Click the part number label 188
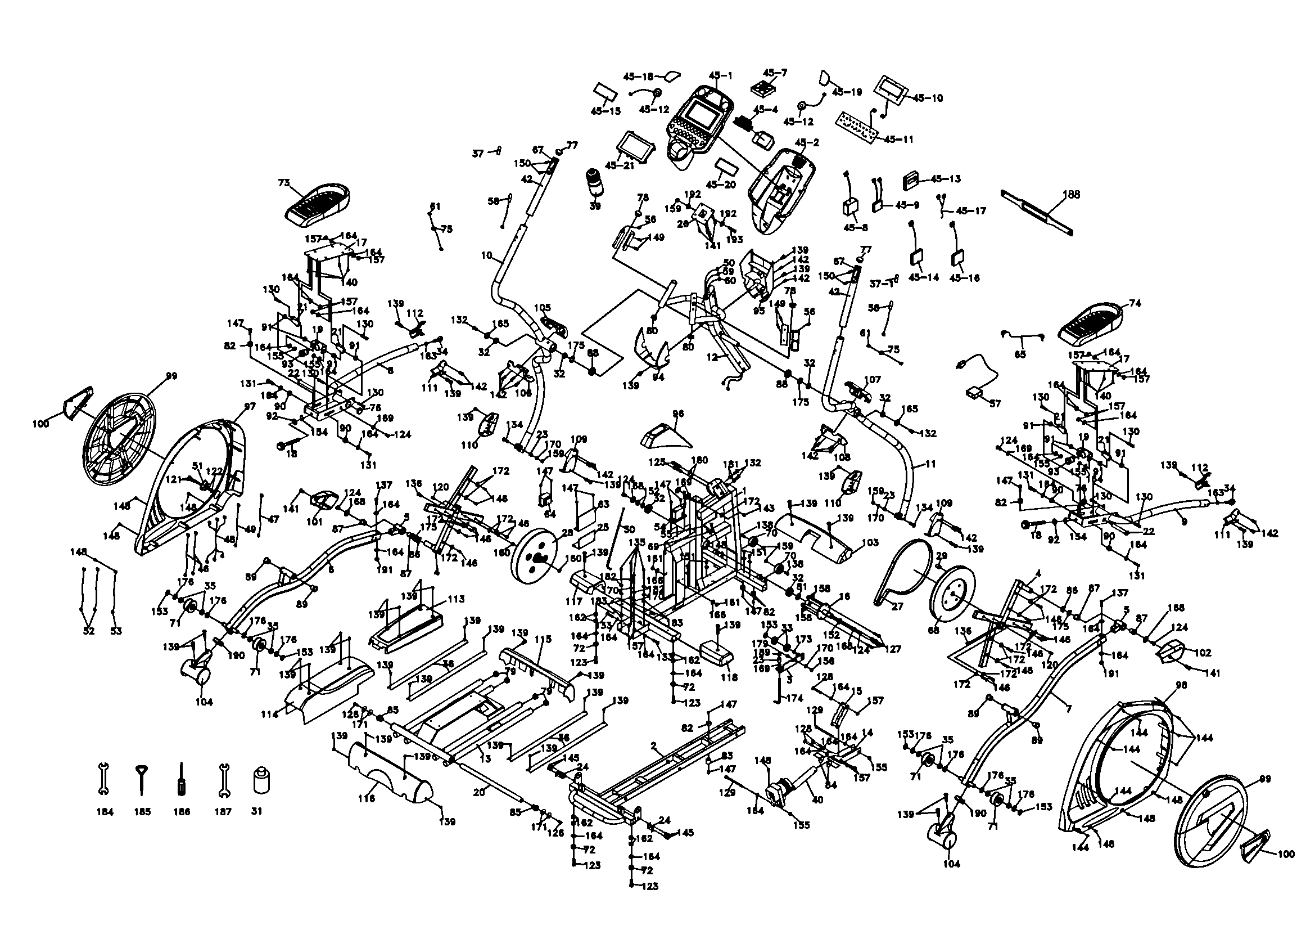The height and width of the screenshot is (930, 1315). point(1070,194)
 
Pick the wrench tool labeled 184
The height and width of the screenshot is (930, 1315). point(104,779)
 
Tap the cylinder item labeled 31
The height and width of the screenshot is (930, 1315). point(261,780)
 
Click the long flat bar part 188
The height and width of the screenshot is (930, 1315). point(1037,212)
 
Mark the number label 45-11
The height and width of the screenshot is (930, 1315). point(898,139)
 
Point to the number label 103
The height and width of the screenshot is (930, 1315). point(869,543)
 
